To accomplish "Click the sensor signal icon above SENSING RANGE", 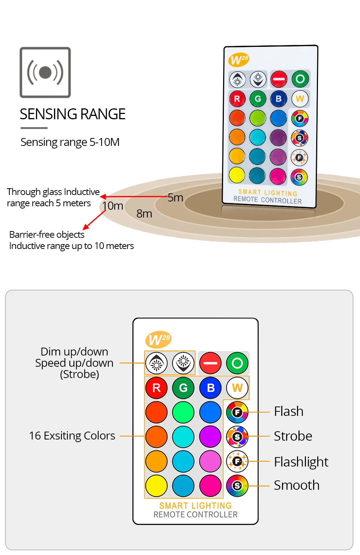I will pos(45,72).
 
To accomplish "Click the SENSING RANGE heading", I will pos(72,114).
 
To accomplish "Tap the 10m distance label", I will pos(112,206).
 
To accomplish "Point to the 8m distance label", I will pos(144,214).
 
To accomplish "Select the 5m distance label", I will pos(175,198).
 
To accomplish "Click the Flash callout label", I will pos(288,411).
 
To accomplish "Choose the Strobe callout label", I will pos(293,436).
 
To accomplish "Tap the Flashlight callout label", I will pos(301,462).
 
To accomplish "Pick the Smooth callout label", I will pos(297,485).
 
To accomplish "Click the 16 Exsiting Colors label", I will pos(72,436).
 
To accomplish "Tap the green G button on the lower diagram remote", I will pos(183,388).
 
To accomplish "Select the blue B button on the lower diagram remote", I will pos(210,388).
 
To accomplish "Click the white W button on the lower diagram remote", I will pos(237,388).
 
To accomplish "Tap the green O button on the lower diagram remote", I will pos(237,363).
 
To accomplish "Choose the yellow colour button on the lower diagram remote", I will pos(156,486).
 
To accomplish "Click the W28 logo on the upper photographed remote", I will pos(238,59).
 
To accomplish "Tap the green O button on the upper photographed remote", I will pos(300,79).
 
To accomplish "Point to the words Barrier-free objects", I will pos(47,235).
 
